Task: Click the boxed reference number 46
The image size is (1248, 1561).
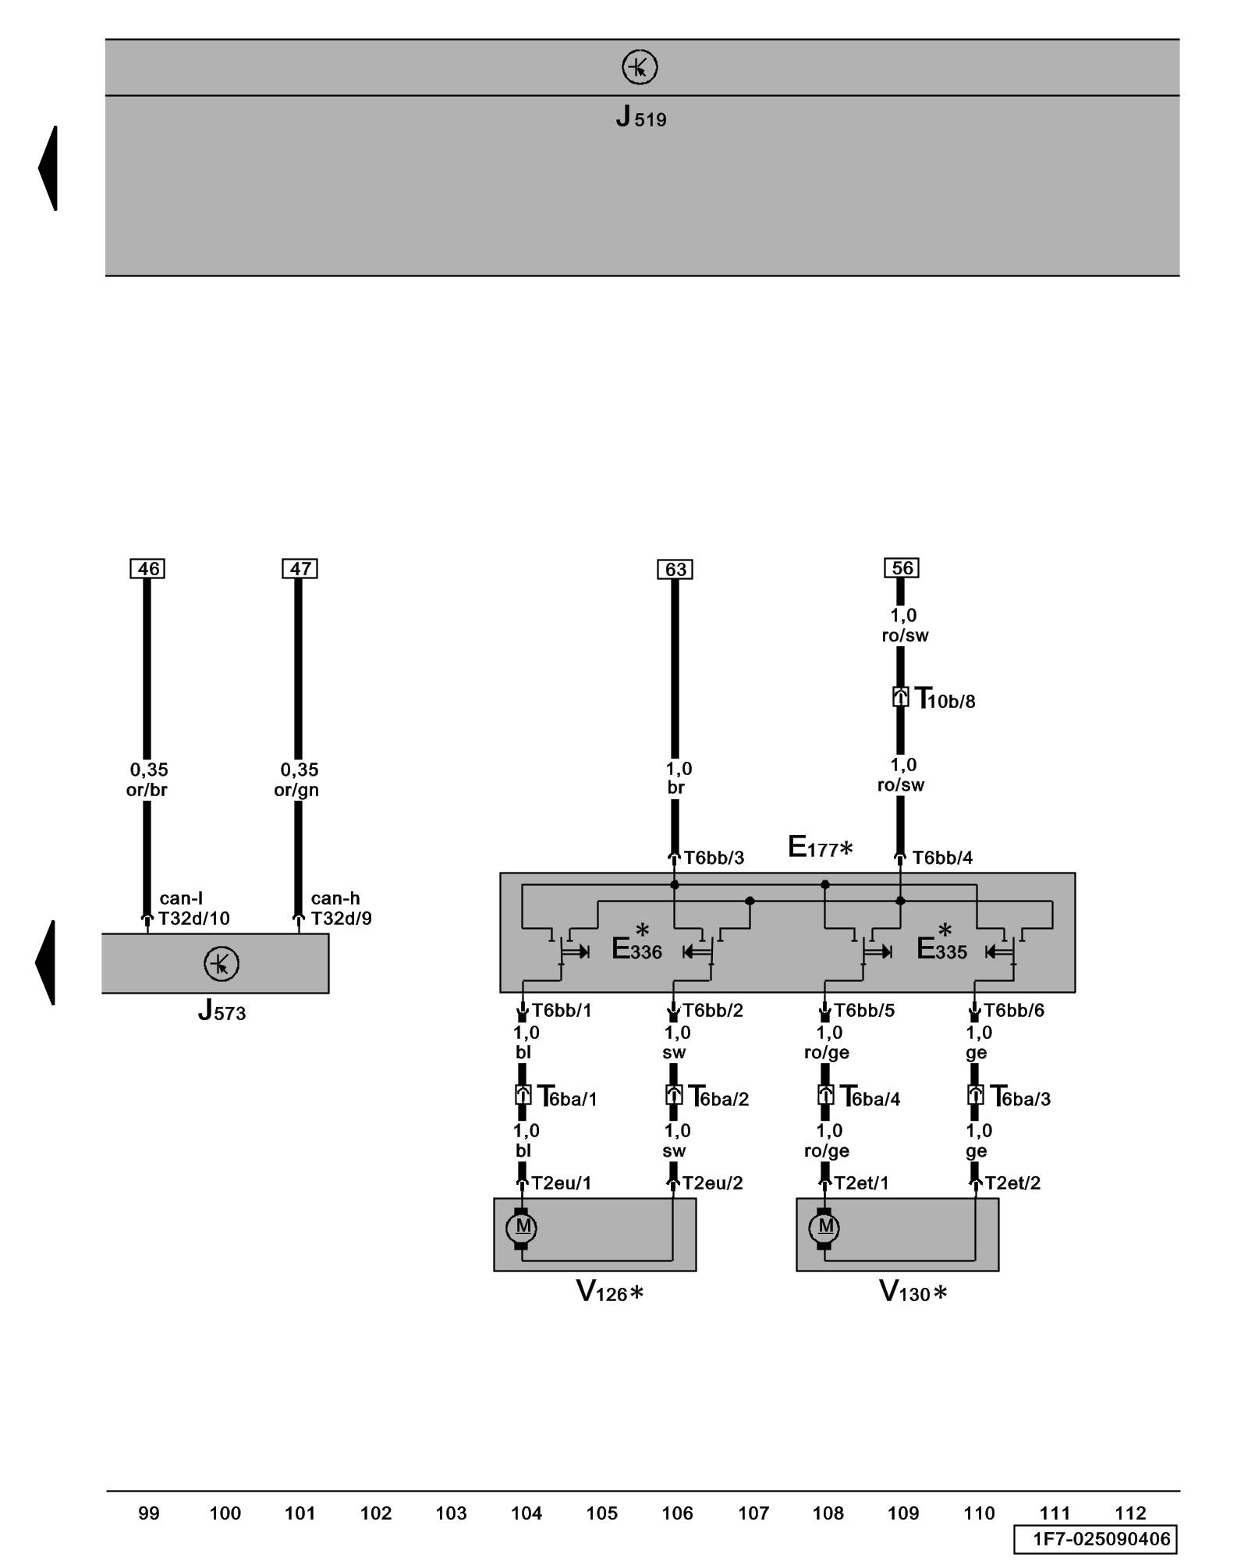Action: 147,569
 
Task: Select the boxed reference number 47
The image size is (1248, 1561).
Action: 300,569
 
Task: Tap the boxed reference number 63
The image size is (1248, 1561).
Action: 675,570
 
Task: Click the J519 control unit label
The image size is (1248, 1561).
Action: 640,118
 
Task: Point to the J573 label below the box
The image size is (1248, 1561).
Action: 222,1012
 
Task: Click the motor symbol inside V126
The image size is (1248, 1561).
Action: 522,1227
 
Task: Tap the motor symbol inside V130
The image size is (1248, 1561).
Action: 824,1227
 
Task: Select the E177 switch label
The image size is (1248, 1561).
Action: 819,848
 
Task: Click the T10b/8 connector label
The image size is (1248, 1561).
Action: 945,699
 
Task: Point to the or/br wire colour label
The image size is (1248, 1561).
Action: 147,790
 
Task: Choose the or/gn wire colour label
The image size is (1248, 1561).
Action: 296,790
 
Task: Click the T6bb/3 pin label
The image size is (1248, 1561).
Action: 714,859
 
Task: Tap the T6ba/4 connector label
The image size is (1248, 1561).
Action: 870,1097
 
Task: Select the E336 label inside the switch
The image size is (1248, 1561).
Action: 636,949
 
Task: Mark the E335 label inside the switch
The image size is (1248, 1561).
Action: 941,949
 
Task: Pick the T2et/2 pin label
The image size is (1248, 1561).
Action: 1012,1183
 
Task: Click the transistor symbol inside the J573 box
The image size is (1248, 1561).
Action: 222,965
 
